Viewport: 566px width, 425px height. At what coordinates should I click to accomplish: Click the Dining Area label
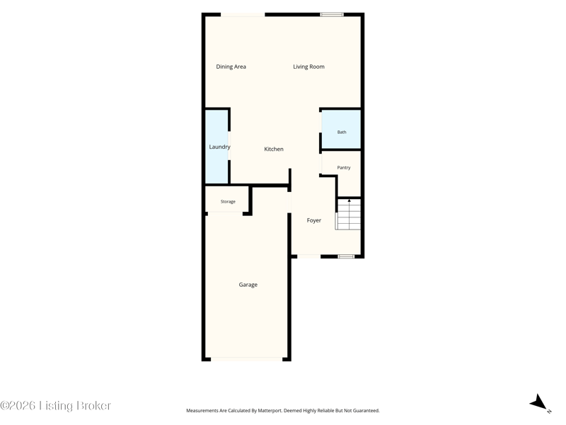(231, 67)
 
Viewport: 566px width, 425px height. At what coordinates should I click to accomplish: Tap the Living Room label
(308, 67)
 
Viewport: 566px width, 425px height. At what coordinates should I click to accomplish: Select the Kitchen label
(274, 149)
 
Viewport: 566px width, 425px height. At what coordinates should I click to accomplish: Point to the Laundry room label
(219, 147)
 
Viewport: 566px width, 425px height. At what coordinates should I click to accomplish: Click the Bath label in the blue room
(342, 132)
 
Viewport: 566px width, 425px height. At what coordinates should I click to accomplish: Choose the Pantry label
(344, 168)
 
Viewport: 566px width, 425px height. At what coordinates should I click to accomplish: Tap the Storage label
(228, 202)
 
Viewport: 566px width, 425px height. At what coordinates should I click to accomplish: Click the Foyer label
(314, 220)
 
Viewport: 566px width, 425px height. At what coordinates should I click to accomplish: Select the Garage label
(248, 285)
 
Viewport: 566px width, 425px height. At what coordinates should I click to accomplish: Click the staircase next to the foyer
(349, 215)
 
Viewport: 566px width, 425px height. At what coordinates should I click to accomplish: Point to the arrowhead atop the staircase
(349, 200)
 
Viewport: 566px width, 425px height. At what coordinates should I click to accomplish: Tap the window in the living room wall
(332, 14)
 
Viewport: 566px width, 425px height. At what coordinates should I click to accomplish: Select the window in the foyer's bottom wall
(346, 256)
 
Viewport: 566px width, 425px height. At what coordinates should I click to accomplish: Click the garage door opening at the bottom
(246, 359)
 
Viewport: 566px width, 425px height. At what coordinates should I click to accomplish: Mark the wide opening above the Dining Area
(243, 14)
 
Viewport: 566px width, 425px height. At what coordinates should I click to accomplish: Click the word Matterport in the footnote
(270, 411)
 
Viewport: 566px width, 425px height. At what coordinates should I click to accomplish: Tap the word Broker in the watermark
(94, 406)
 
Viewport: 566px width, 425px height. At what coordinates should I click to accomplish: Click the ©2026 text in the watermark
(18, 406)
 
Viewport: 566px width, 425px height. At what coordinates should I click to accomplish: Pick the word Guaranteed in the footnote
(367, 411)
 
